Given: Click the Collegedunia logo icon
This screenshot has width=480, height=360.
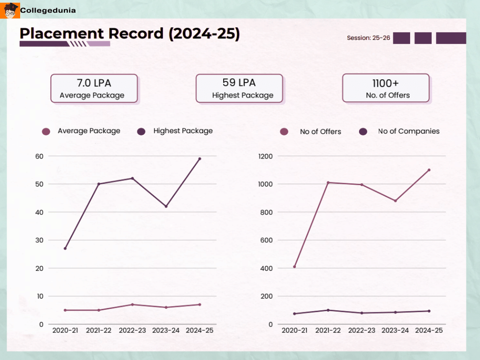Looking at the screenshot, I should pyautogui.click(x=10, y=10).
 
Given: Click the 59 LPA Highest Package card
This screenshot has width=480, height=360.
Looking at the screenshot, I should pyautogui.click(x=239, y=88).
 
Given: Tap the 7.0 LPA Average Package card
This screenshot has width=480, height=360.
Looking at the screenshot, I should pyautogui.click(x=94, y=88).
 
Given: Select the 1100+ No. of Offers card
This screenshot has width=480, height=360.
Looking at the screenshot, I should pyautogui.click(x=386, y=88).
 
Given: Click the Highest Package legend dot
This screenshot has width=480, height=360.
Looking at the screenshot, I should pyautogui.click(x=141, y=132).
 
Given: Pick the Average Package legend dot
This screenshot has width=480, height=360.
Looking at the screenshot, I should pyautogui.click(x=46, y=132).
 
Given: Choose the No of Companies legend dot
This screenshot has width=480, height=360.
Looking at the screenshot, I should pyautogui.click(x=363, y=132).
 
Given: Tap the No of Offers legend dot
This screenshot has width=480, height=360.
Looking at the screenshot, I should pyautogui.click(x=284, y=132).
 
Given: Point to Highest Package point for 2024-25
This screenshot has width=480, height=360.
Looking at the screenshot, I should pyautogui.click(x=200, y=159).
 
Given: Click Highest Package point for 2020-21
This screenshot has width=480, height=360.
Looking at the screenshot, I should pyautogui.click(x=65, y=248).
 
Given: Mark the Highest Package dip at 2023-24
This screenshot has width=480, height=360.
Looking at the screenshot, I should pyautogui.click(x=166, y=206).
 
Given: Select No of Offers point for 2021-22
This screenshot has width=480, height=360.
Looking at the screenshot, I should pyautogui.click(x=328, y=183).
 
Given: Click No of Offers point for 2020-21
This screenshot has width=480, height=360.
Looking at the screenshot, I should pyautogui.click(x=294, y=267).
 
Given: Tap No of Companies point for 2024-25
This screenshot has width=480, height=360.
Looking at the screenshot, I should pyautogui.click(x=429, y=311).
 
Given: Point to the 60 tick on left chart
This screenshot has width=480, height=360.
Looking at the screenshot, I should pyautogui.click(x=38, y=156).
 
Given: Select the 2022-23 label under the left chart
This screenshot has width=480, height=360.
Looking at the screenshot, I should pyautogui.click(x=132, y=330).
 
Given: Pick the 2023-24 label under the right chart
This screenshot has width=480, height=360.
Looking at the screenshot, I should pyautogui.click(x=395, y=330).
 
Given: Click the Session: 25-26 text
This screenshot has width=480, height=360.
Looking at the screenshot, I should pyautogui.click(x=368, y=38).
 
